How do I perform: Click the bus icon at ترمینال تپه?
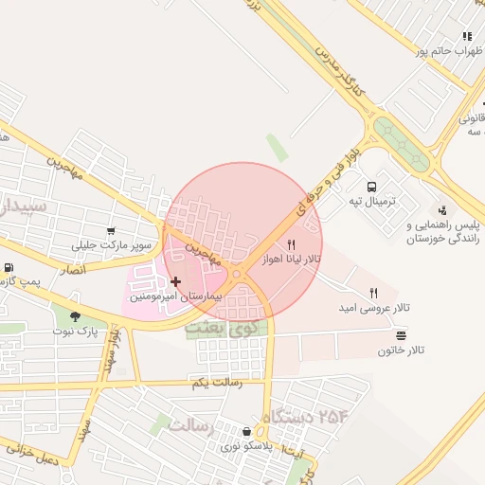[370, 187]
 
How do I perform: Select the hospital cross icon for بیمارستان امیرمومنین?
[176, 281]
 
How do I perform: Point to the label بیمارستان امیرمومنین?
[175, 296]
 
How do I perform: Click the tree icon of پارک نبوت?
[76, 316]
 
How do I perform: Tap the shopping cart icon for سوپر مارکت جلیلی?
[112, 230]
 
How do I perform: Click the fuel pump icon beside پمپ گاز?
[9, 269]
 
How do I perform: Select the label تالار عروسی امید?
[374, 309]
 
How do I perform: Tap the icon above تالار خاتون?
[401, 334]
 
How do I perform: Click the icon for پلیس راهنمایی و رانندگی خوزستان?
[441, 209]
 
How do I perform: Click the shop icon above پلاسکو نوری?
[246, 431]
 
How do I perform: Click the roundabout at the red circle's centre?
[237, 274]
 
